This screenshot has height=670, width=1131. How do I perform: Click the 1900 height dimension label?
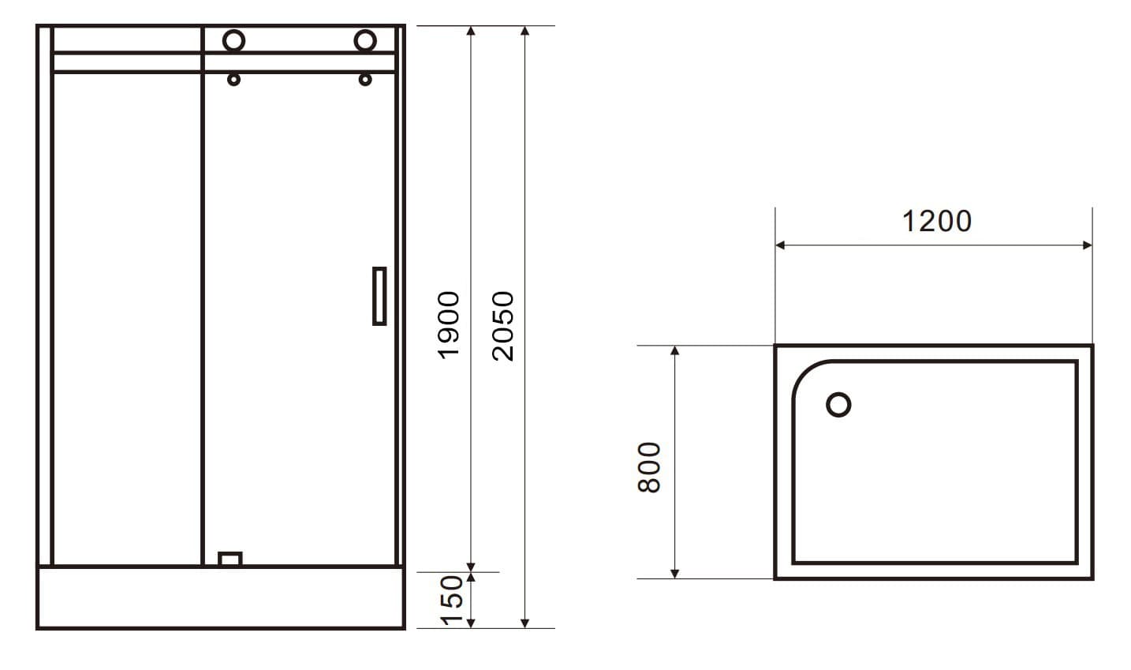click(449, 324)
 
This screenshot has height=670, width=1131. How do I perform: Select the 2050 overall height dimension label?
click(502, 326)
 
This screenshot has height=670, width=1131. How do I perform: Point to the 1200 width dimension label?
click(936, 221)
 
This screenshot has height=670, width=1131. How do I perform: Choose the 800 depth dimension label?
click(648, 467)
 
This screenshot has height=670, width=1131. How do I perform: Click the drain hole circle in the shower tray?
click(838, 405)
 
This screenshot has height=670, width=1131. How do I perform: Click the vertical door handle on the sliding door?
click(379, 296)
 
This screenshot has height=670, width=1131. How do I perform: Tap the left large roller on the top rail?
click(234, 40)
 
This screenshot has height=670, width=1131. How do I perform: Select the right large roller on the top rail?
click(365, 40)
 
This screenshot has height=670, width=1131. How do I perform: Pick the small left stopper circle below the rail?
click(233, 79)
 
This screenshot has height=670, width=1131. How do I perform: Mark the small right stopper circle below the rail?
click(364, 79)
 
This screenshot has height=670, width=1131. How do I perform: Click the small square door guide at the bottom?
click(230, 559)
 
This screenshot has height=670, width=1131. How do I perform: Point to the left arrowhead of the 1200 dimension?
click(780, 245)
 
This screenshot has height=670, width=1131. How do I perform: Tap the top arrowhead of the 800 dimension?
click(674, 350)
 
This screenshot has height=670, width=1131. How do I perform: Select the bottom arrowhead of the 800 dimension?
click(674, 573)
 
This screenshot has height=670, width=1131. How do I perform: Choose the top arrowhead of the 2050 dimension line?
click(525, 31)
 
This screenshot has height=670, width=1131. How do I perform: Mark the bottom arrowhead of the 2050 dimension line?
click(525, 623)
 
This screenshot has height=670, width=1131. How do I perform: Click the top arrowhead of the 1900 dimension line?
click(471, 31)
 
